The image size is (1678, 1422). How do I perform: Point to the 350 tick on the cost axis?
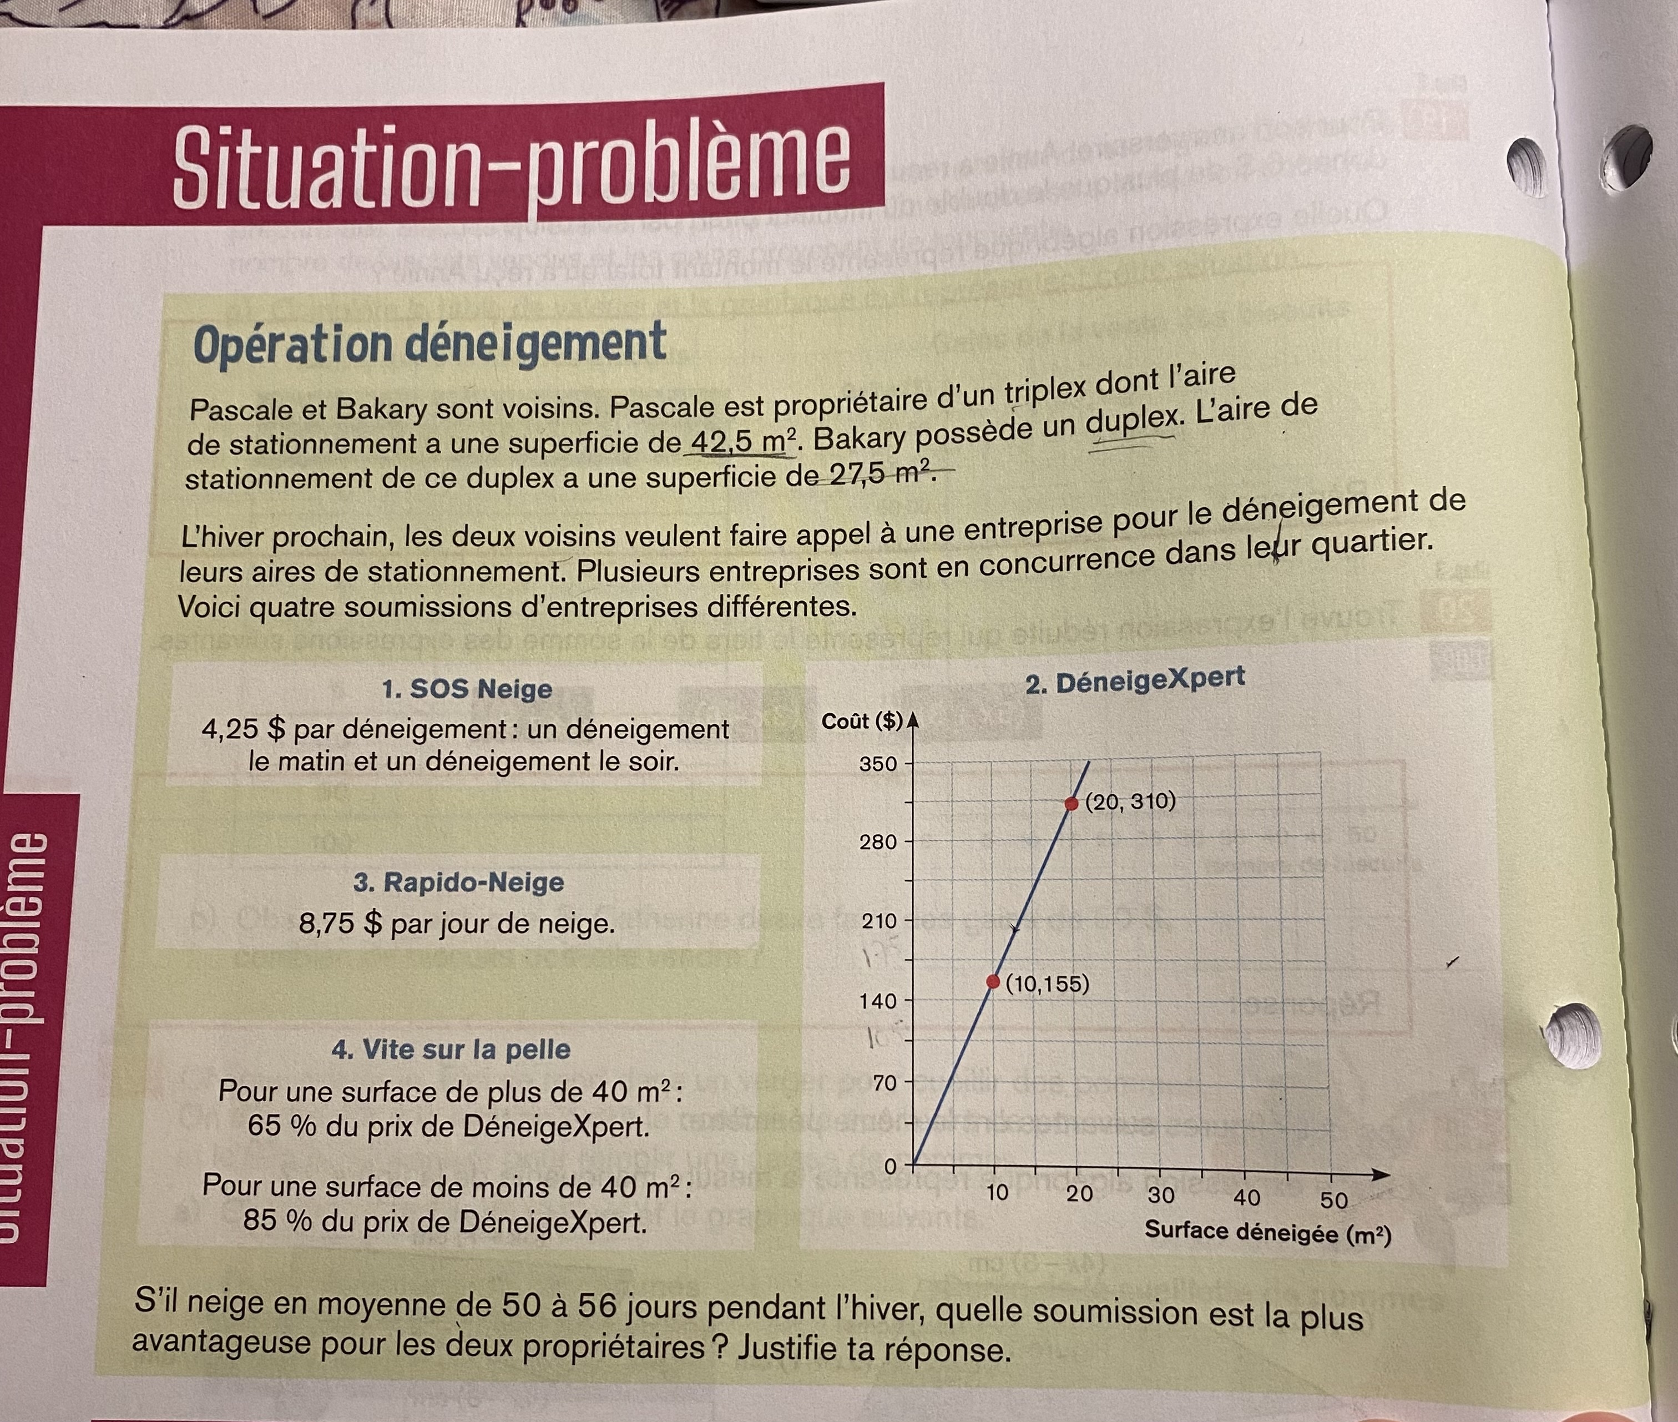[878, 763]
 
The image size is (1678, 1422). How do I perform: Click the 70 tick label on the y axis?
[884, 1083]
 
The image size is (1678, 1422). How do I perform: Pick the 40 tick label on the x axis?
[1246, 1197]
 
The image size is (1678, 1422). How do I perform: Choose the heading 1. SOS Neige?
[467, 689]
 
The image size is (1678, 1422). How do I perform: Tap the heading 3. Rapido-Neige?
[458, 882]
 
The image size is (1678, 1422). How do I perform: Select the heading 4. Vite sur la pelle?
[451, 1049]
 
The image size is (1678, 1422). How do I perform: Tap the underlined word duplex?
[1131, 421]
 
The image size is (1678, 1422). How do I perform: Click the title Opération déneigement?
[429, 344]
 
